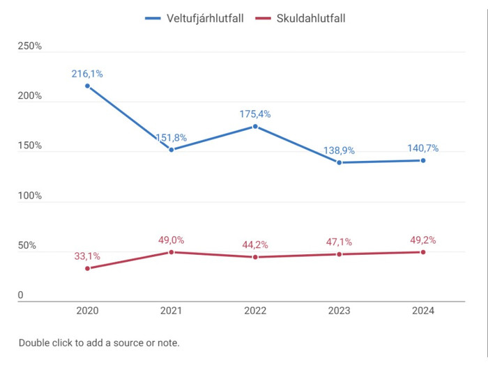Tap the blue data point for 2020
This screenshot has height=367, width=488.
(x=87, y=86)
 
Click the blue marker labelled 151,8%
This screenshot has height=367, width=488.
(x=171, y=150)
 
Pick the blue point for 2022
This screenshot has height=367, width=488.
(x=255, y=126)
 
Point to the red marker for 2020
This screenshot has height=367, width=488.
(x=87, y=268)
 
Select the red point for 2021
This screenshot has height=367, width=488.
(x=171, y=252)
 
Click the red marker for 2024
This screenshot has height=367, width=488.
(x=423, y=251)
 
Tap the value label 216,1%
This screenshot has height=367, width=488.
(x=87, y=73)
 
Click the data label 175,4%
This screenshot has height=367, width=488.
(x=255, y=114)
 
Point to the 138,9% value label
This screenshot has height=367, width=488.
(x=340, y=150)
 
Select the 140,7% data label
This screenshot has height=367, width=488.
(x=423, y=148)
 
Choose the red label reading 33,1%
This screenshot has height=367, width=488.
(x=87, y=256)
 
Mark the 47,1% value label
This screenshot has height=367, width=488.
(x=340, y=242)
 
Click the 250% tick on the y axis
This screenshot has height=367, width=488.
(x=30, y=47)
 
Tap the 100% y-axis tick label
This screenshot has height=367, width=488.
(x=30, y=196)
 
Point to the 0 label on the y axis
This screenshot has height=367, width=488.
(x=21, y=296)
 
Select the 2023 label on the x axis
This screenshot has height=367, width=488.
(x=340, y=311)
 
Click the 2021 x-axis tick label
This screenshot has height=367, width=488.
(x=171, y=311)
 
